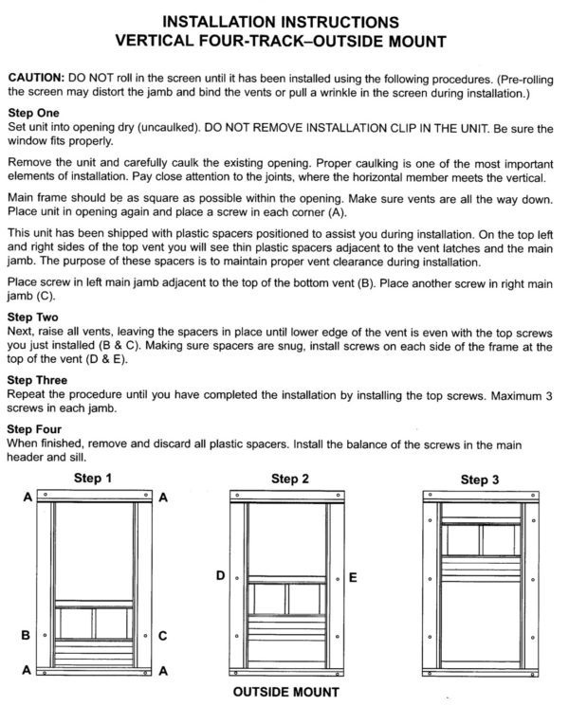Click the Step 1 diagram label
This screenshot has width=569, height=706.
pos(93,479)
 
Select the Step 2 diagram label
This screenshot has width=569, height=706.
pos(291,479)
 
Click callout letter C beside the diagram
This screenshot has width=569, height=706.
pos(163,635)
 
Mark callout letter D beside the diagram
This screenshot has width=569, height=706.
pos(219,575)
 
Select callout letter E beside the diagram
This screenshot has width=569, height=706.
pos(354,575)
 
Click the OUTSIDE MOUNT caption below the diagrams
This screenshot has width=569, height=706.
pos(287,692)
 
